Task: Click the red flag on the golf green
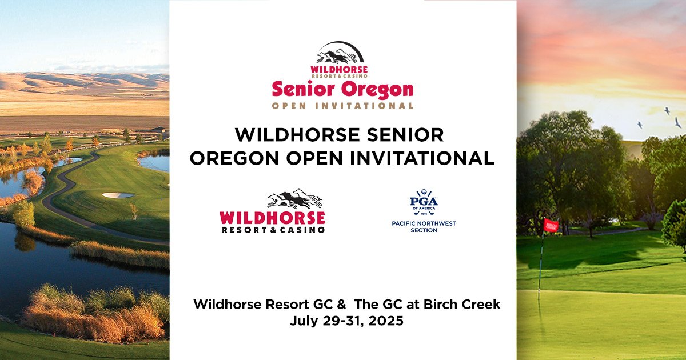coord(551,225)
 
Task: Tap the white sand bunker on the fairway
coord(118,195)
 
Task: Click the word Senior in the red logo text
coord(303,89)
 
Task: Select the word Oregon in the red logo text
coord(377,90)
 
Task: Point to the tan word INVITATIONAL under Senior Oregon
coord(365,106)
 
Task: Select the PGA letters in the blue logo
coord(424,202)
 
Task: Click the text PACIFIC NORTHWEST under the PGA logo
coord(424,223)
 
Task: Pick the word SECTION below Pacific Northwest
coord(424,230)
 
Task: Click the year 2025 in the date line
coord(386,321)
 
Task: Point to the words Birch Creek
coord(462,304)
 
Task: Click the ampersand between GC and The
coord(341,305)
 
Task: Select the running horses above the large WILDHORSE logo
coord(294,198)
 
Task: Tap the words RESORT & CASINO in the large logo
coord(273,230)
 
